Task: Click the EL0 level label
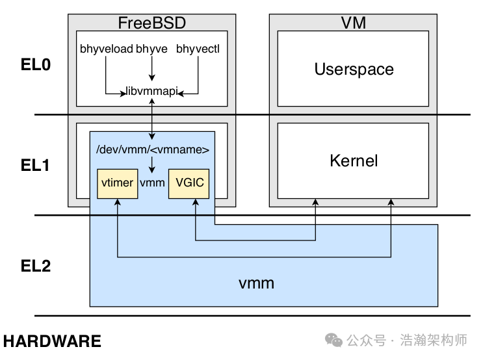tap(36, 66)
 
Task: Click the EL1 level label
tap(36, 166)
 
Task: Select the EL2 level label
tap(36, 266)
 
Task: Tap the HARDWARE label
tap(53, 341)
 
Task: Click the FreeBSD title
tap(151, 23)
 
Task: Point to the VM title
tap(353, 23)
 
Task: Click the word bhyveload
tap(107, 49)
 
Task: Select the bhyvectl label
tap(198, 49)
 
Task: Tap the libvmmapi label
tap(151, 92)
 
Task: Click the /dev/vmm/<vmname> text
tap(152, 150)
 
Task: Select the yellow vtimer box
tap(117, 183)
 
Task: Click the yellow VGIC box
tap(189, 183)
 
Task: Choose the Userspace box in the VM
tap(353, 69)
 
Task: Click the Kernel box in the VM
tap(353, 161)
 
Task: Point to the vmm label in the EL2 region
tap(256, 283)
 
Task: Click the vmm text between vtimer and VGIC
tap(153, 183)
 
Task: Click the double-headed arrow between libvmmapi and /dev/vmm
tap(151, 118)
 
